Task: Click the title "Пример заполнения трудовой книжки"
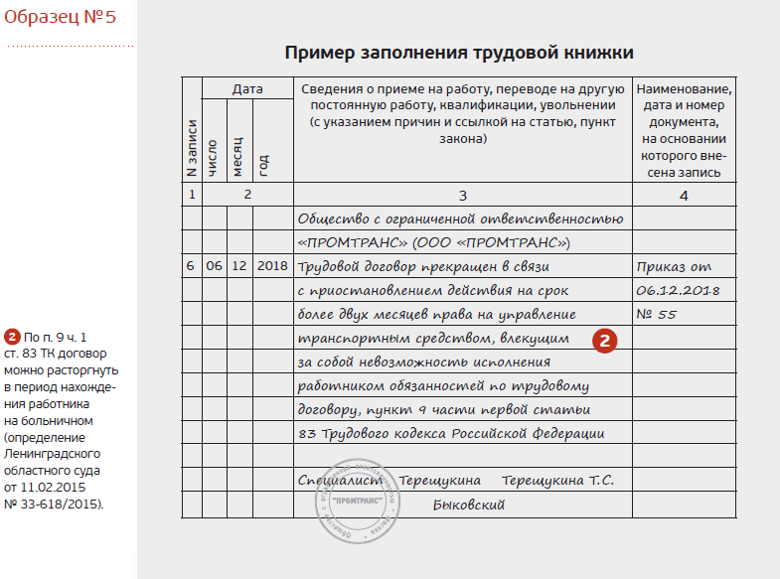click(x=459, y=53)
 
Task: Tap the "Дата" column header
click(x=247, y=88)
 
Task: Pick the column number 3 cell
click(x=462, y=195)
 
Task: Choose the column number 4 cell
click(x=684, y=195)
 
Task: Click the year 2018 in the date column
click(x=271, y=266)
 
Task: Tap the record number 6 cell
click(x=191, y=266)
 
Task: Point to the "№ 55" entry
click(x=656, y=314)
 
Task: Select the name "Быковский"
click(x=470, y=505)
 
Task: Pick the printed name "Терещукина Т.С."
click(x=557, y=481)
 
